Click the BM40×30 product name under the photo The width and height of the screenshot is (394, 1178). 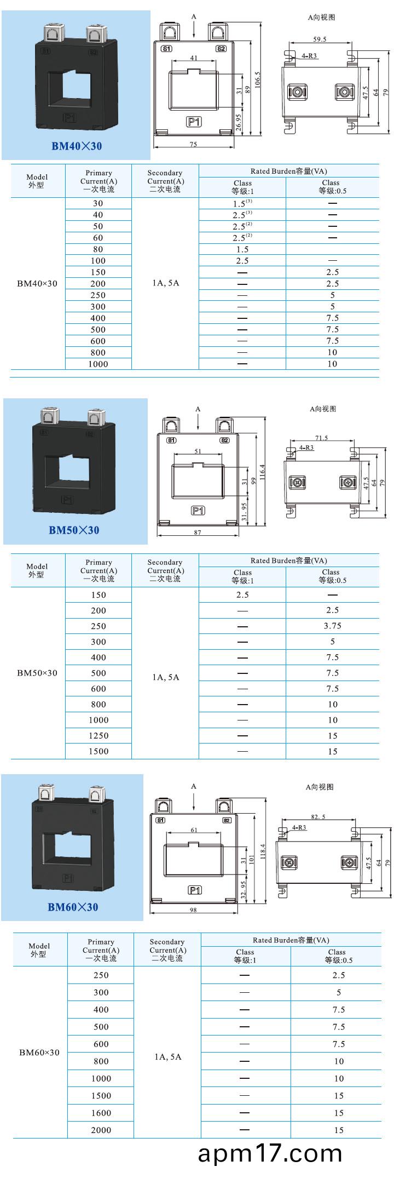[77, 146]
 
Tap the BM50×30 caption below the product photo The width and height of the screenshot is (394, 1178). [74, 530]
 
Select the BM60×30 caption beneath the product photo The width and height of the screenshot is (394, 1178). [73, 907]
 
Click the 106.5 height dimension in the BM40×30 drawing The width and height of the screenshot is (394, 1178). [258, 79]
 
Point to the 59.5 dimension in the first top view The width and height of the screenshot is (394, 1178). [320, 39]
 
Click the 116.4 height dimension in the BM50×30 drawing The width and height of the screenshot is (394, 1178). [262, 472]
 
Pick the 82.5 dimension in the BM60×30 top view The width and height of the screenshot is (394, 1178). [318, 817]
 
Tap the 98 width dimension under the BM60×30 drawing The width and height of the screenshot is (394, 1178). [193, 910]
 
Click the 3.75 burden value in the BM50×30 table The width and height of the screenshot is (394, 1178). [332, 626]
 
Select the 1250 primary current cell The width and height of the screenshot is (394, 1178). [99, 735]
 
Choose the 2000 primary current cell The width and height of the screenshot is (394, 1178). [101, 1130]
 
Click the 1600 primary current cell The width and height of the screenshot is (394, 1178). [101, 1113]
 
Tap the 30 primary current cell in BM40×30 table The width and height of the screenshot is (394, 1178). [98, 203]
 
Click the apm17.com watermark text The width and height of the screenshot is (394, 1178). [270, 1153]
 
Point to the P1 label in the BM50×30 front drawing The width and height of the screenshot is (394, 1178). [198, 511]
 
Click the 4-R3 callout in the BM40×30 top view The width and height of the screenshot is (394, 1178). [309, 56]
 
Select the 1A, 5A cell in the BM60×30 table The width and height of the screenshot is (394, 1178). [167, 1057]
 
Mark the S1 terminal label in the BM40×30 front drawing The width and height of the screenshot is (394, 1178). [166, 49]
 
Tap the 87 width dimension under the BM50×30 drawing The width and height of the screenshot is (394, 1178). [198, 532]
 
